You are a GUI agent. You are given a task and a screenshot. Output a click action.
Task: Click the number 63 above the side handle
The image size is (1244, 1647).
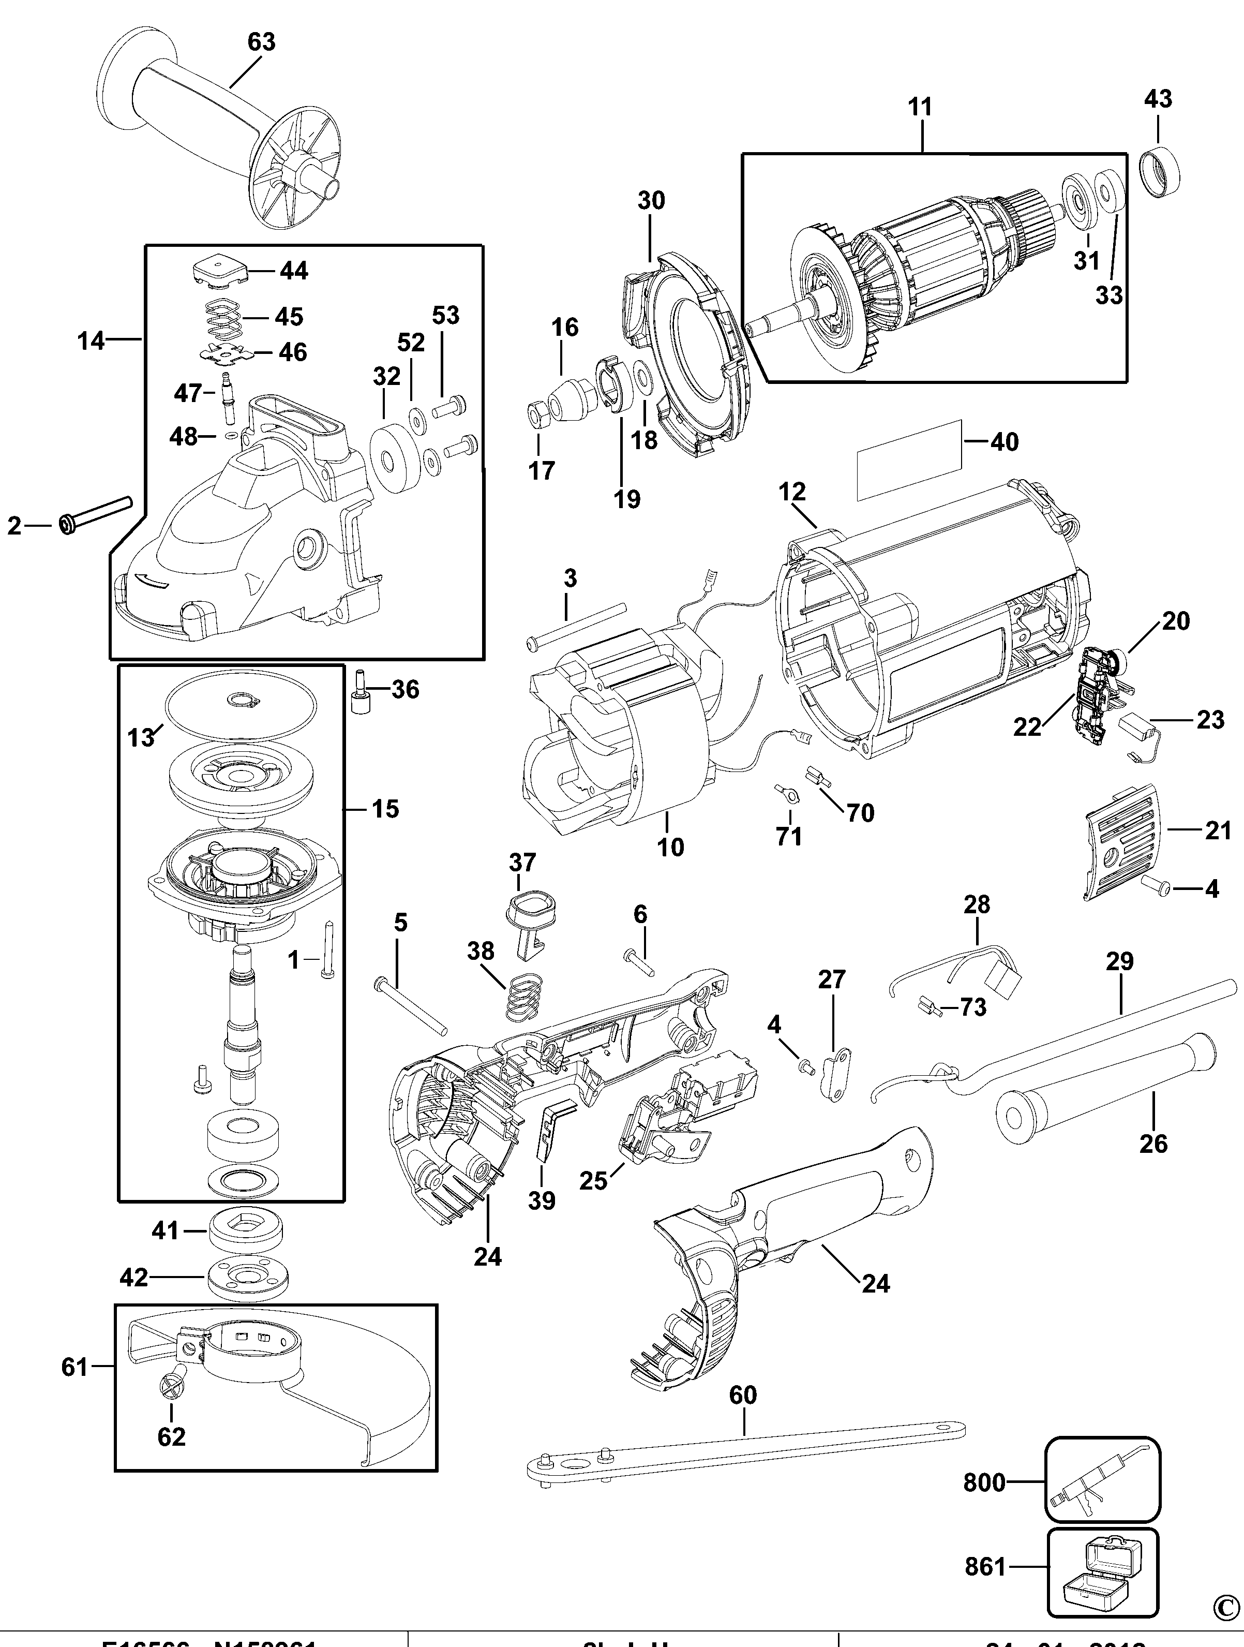[261, 42]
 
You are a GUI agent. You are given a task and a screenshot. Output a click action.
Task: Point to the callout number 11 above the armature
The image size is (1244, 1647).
[920, 107]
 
